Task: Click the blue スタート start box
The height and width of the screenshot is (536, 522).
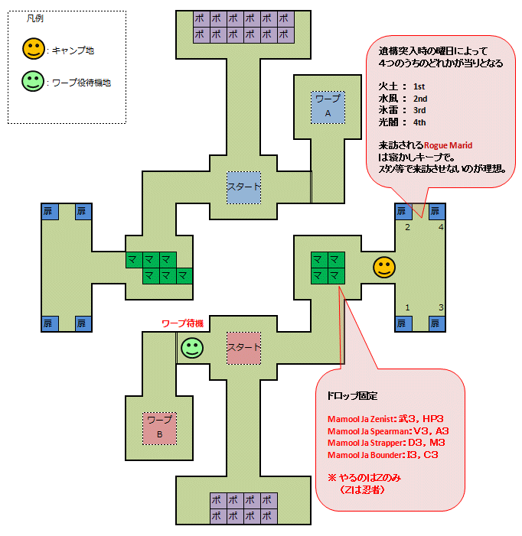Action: coord(243,186)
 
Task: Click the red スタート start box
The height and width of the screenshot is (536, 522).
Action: coord(243,348)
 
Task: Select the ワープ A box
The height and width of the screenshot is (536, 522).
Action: coord(328,107)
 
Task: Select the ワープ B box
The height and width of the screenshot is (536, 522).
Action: coord(159,428)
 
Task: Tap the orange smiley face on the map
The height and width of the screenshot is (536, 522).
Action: coord(384,267)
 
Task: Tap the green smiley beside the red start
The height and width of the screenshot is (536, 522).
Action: coord(191,349)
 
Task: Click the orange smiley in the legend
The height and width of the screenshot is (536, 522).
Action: coord(33,50)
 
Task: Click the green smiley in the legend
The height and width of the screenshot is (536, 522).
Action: coord(33,82)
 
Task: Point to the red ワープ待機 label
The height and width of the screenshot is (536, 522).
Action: coord(182,323)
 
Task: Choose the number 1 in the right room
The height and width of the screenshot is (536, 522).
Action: coord(407,307)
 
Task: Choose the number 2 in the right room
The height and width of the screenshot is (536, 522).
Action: coord(407,227)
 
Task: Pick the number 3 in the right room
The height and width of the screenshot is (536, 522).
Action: coord(441,307)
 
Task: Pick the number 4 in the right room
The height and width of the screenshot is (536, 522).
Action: coord(441,227)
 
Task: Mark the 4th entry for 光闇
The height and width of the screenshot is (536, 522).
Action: coord(419,122)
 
